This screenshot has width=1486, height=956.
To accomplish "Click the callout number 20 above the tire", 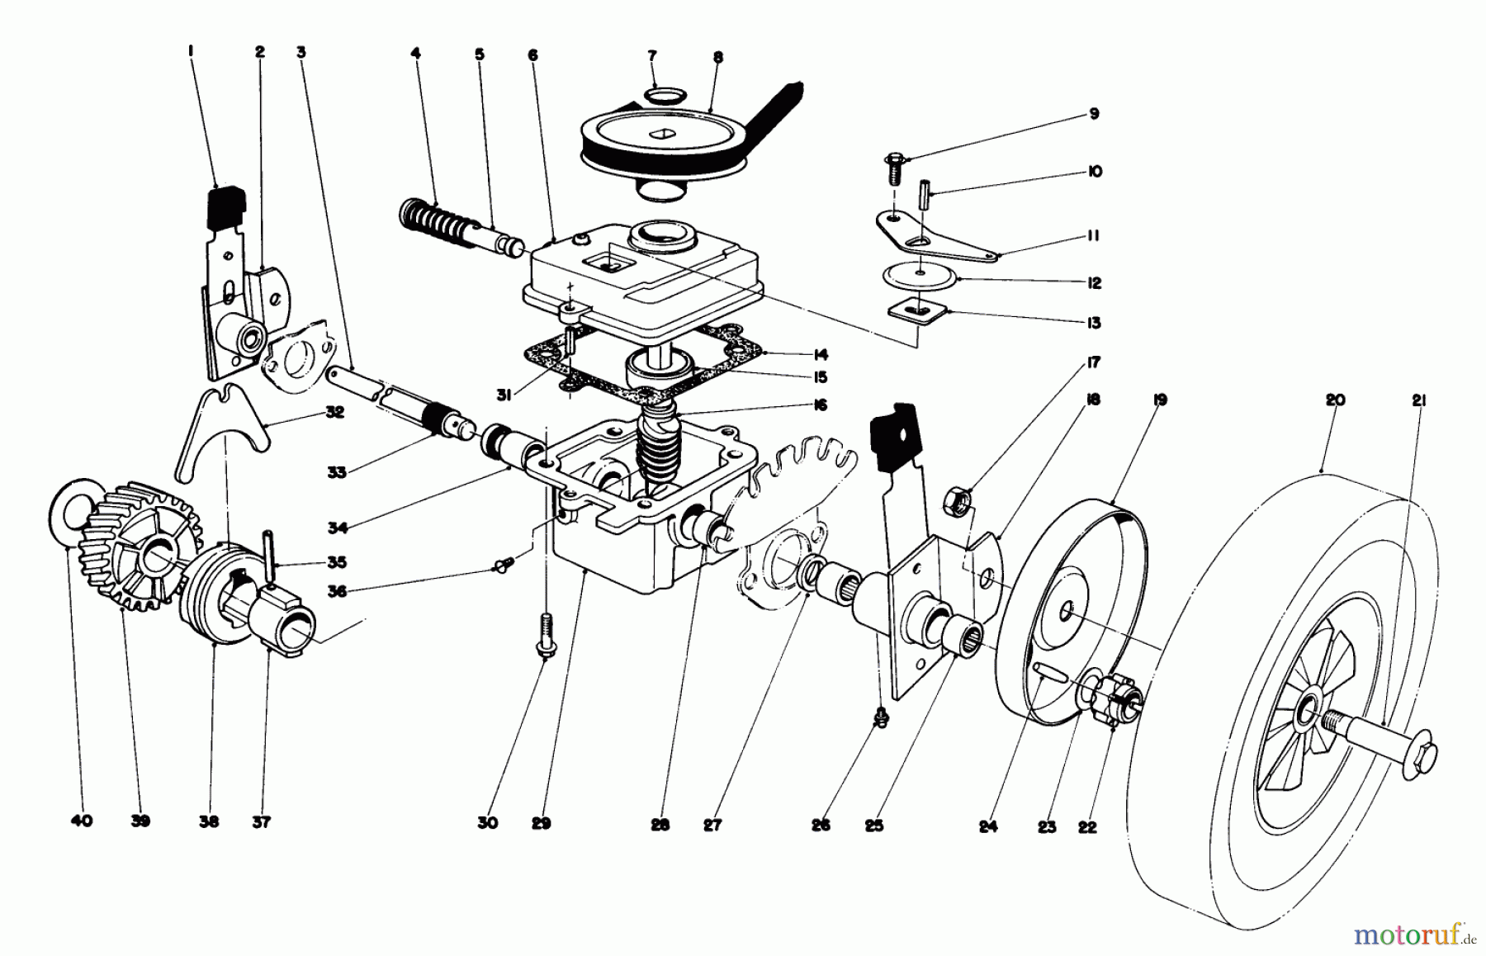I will click(1335, 400).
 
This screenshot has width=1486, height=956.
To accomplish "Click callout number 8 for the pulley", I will click(717, 58).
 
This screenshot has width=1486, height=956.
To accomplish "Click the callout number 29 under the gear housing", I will click(541, 823).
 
